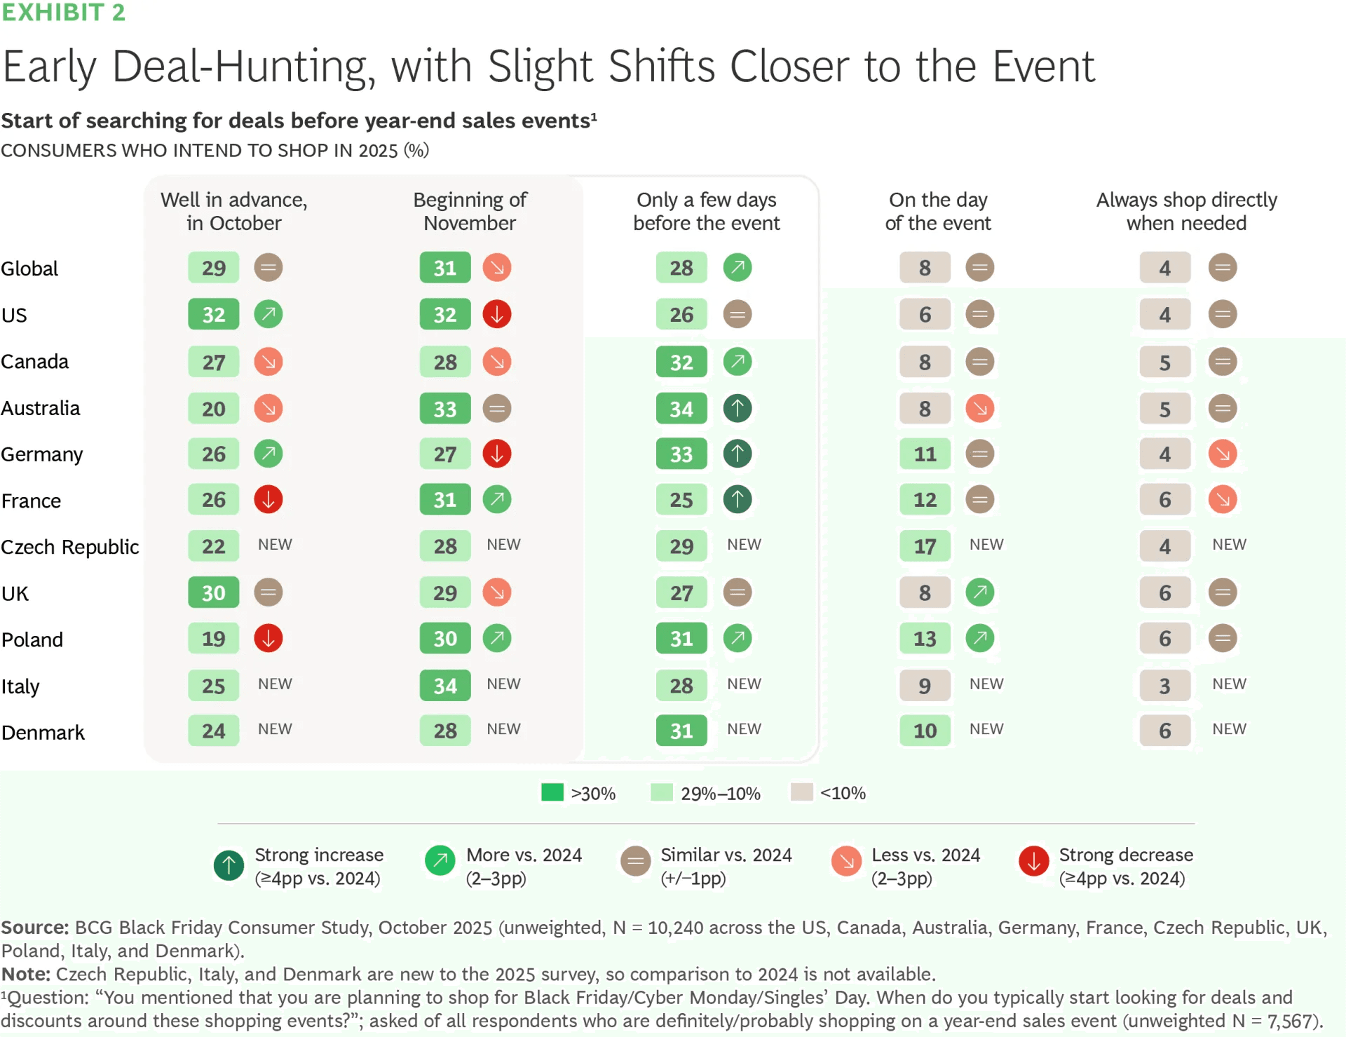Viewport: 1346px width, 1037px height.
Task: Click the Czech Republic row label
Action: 70,547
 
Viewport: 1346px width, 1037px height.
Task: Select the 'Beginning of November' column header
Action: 470,211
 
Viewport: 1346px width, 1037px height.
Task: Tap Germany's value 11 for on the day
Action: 925,454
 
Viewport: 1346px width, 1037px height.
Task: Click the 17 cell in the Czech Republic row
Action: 925,546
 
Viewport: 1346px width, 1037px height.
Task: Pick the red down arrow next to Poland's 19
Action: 268,639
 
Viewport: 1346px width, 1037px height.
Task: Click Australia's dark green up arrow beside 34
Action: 737,408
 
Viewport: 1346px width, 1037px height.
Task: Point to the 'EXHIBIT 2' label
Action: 63,12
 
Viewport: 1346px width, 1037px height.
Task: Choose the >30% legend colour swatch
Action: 552,792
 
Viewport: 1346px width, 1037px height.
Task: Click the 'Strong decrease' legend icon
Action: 1033,862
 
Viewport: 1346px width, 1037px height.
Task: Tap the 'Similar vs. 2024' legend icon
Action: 636,862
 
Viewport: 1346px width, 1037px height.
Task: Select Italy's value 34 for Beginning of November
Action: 445,686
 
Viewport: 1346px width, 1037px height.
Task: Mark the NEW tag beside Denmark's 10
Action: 986,729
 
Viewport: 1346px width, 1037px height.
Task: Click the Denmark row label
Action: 43,733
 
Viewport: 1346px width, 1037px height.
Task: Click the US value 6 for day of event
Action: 925,315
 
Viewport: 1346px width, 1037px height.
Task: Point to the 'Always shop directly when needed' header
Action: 1186,211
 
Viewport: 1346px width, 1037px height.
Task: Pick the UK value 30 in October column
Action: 214,593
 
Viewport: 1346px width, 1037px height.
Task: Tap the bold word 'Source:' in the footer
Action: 35,928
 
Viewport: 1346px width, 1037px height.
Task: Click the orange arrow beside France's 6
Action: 1223,500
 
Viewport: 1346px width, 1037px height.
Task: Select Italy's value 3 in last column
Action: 1164,686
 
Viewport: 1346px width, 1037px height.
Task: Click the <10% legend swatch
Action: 802,792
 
